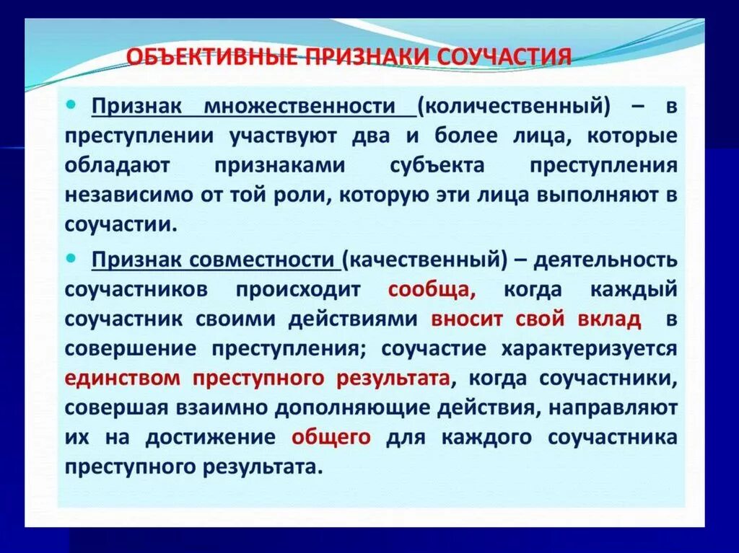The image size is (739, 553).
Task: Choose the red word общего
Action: tap(331, 437)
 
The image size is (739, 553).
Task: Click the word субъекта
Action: tap(437, 165)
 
